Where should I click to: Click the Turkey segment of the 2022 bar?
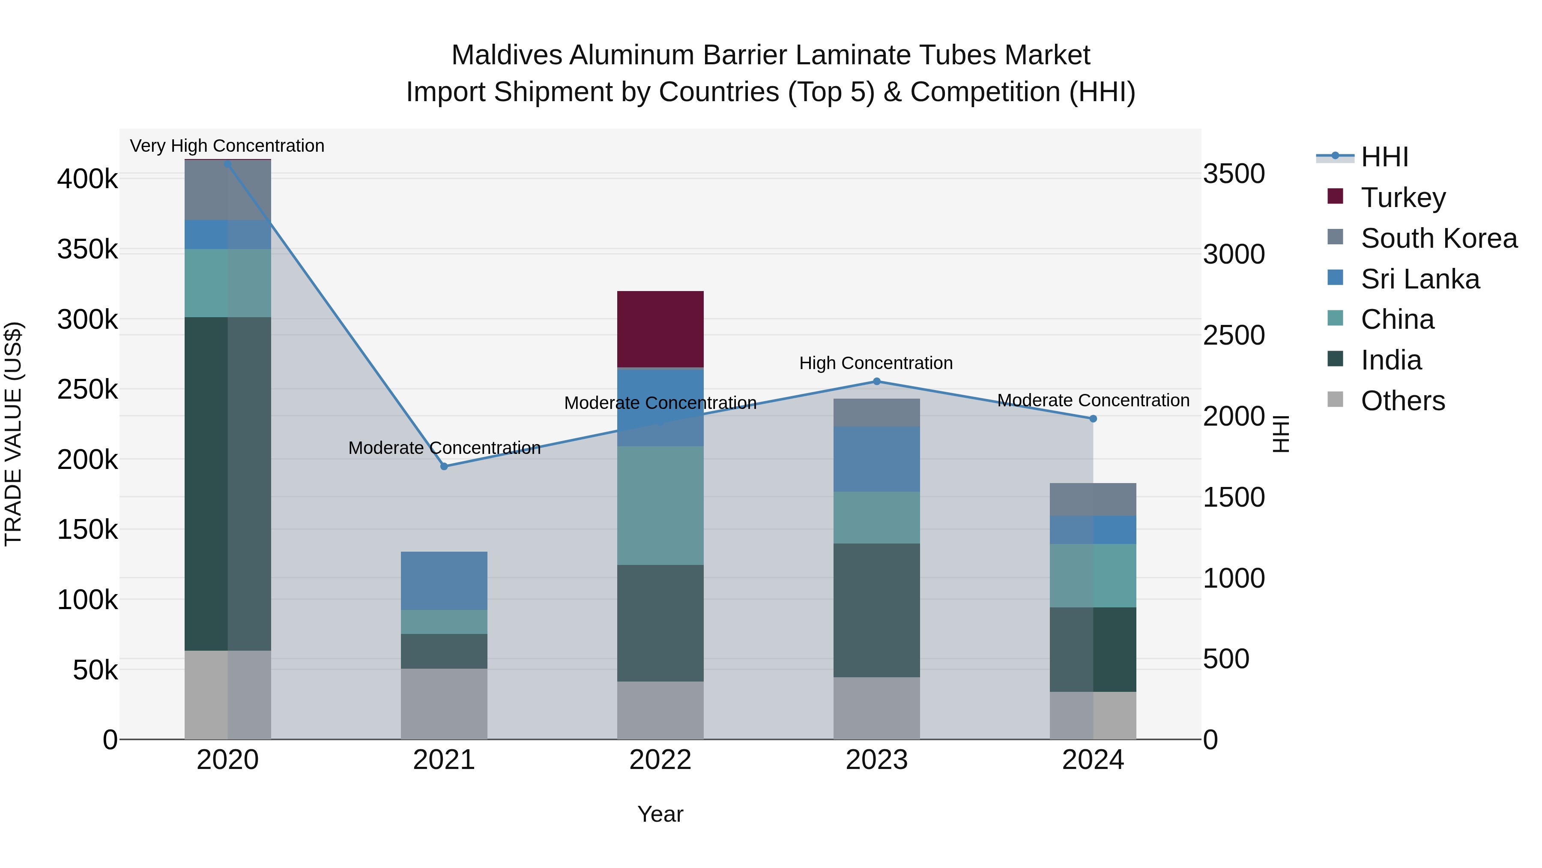[x=660, y=329]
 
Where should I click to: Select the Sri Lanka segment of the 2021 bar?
[x=444, y=580]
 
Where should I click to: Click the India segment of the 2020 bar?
[x=227, y=484]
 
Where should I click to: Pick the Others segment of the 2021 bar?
[x=444, y=703]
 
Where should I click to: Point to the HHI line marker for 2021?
[x=444, y=466]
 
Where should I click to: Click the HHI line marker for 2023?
[x=877, y=381]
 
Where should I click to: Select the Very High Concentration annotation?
[x=227, y=146]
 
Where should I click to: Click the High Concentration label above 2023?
[x=876, y=363]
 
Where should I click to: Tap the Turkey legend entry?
[x=1402, y=197]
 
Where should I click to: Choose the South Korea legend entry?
[x=1438, y=238]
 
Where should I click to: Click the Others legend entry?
[x=1402, y=400]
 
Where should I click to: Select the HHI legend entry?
[x=1384, y=157]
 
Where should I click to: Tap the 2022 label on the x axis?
[x=660, y=760]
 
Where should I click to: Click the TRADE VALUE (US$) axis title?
[x=13, y=434]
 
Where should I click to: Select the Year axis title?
[x=660, y=814]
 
